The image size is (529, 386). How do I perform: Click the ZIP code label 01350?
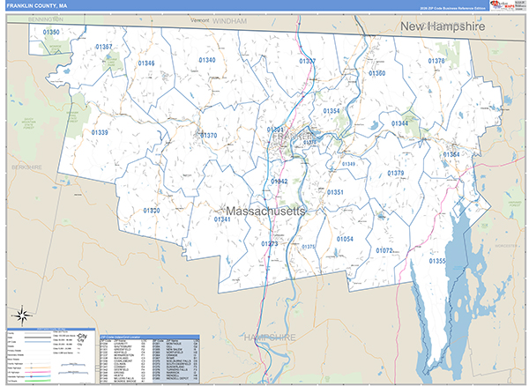point(52,33)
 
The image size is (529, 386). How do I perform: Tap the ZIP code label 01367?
point(104,47)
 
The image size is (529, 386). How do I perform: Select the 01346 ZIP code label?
point(146,63)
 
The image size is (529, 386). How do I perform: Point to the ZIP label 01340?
point(207,60)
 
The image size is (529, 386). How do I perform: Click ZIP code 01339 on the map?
point(100,132)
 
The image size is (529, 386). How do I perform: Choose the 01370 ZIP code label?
point(209,136)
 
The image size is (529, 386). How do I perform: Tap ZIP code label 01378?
point(436,61)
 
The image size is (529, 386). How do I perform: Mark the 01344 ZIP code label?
point(399,123)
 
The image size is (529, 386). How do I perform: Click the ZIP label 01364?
point(451,154)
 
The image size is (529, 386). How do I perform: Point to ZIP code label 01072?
point(384,251)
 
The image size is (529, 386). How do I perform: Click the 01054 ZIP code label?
point(344,239)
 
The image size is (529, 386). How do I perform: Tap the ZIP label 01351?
point(335,191)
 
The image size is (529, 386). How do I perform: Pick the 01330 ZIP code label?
point(152,211)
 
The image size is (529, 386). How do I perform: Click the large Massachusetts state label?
point(265,212)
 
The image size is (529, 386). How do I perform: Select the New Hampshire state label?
point(443,27)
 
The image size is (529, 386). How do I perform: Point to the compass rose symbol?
point(22,313)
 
